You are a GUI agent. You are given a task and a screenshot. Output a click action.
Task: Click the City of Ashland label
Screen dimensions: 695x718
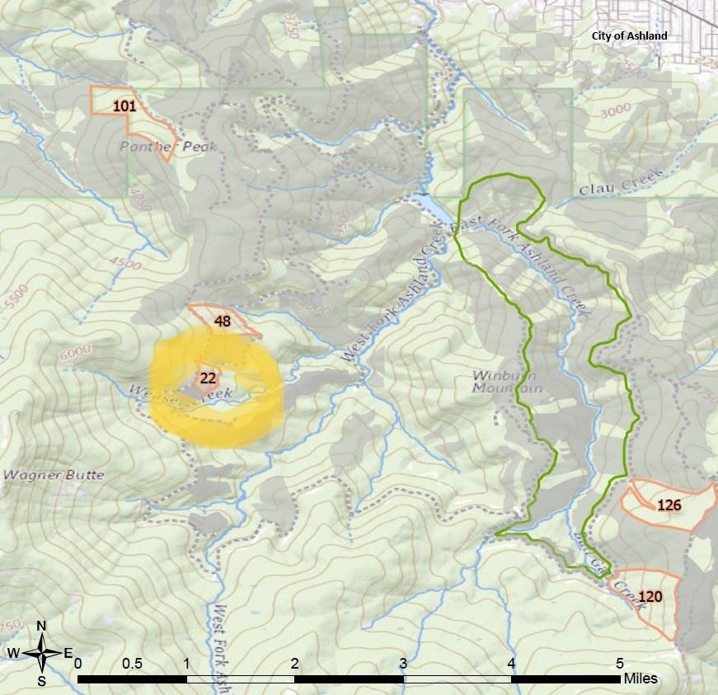tap(630, 36)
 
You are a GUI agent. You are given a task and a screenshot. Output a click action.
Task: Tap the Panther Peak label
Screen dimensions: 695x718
tap(168, 147)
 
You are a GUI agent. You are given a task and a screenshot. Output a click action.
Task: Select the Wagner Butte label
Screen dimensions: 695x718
tap(54, 475)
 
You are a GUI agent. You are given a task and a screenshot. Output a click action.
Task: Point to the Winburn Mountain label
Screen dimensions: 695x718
tap(507, 381)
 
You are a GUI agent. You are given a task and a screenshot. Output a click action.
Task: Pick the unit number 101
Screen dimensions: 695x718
tap(124, 106)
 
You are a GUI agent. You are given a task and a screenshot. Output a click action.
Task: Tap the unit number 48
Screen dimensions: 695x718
tap(222, 322)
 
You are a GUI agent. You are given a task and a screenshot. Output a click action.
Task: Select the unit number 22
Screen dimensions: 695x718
tap(208, 378)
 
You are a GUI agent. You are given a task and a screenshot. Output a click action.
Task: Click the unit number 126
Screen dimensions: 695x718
tap(669, 505)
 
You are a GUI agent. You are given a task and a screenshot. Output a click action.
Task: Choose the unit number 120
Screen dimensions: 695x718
tap(650, 597)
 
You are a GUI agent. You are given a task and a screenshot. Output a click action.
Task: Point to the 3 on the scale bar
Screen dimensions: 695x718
tap(403, 663)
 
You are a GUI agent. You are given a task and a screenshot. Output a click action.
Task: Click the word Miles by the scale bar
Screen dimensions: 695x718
tap(641, 679)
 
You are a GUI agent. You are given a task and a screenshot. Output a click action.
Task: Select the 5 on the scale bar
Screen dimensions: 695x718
tap(619, 663)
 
